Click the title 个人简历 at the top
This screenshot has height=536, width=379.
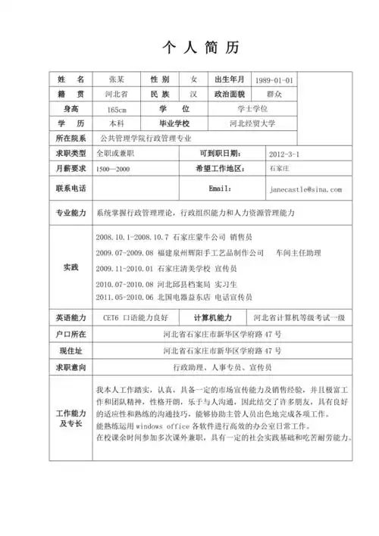point(201,47)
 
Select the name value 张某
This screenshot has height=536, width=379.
point(116,80)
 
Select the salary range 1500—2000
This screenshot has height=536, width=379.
point(113,168)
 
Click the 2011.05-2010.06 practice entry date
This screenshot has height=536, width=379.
point(125,298)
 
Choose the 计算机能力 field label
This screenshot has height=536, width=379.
point(218,318)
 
